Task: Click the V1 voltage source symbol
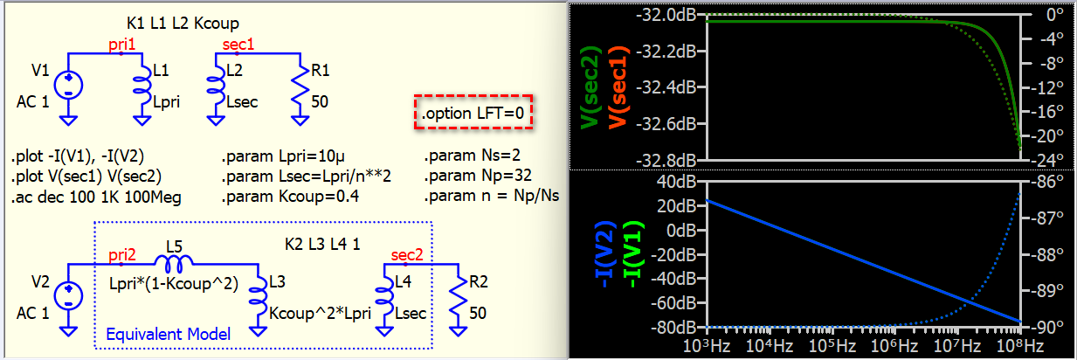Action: (x=67, y=86)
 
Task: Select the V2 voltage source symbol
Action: (x=67, y=296)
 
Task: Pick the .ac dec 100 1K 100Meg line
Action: (x=96, y=197)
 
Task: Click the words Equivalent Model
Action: (x=169, y=334)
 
